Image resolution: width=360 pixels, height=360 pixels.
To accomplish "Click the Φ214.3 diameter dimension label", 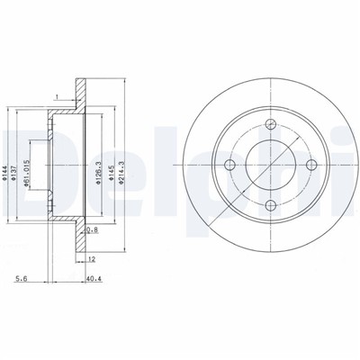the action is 121,171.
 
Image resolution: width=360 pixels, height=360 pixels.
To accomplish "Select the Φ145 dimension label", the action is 111,174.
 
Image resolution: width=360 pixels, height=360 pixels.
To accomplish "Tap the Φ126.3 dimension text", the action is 98,173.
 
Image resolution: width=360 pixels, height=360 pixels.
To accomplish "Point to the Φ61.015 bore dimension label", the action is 26,174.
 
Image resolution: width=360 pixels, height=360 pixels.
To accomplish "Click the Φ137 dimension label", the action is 13,174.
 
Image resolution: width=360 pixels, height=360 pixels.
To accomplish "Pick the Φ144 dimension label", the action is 4,174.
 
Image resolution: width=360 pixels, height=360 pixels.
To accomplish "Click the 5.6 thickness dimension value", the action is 22,279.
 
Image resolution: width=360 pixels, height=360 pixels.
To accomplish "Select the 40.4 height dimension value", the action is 94,279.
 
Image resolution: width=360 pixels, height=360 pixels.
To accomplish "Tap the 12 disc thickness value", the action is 92,258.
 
